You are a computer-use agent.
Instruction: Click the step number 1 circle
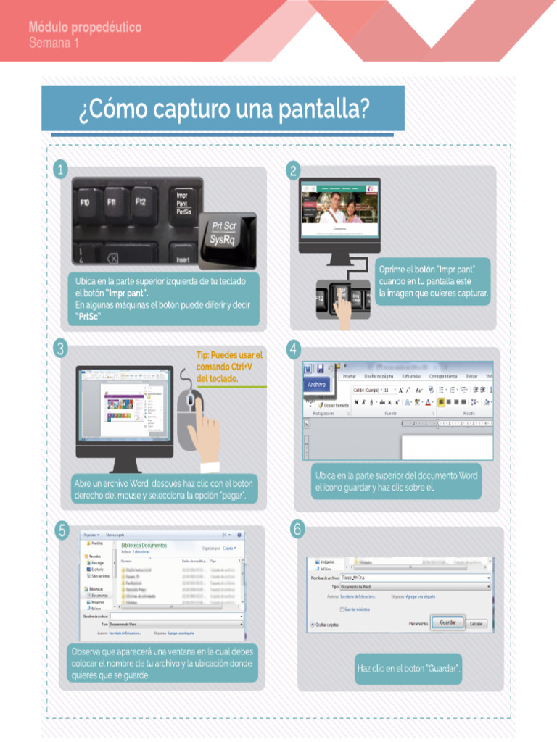point(61,170)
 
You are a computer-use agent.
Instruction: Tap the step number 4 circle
point(294,349)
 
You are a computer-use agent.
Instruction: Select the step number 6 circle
point(297,530)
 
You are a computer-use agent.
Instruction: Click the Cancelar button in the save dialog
point(476,623)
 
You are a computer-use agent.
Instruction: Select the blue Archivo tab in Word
point(317,384)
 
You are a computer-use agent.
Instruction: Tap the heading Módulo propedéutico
point(85,28)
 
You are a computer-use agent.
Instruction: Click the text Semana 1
point(54,43)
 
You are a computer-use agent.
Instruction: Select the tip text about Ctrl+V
point(228,367)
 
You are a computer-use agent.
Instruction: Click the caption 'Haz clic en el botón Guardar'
point(409,668)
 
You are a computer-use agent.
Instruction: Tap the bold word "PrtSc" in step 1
point(88,317)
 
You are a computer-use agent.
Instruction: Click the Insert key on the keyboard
point(181,259)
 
